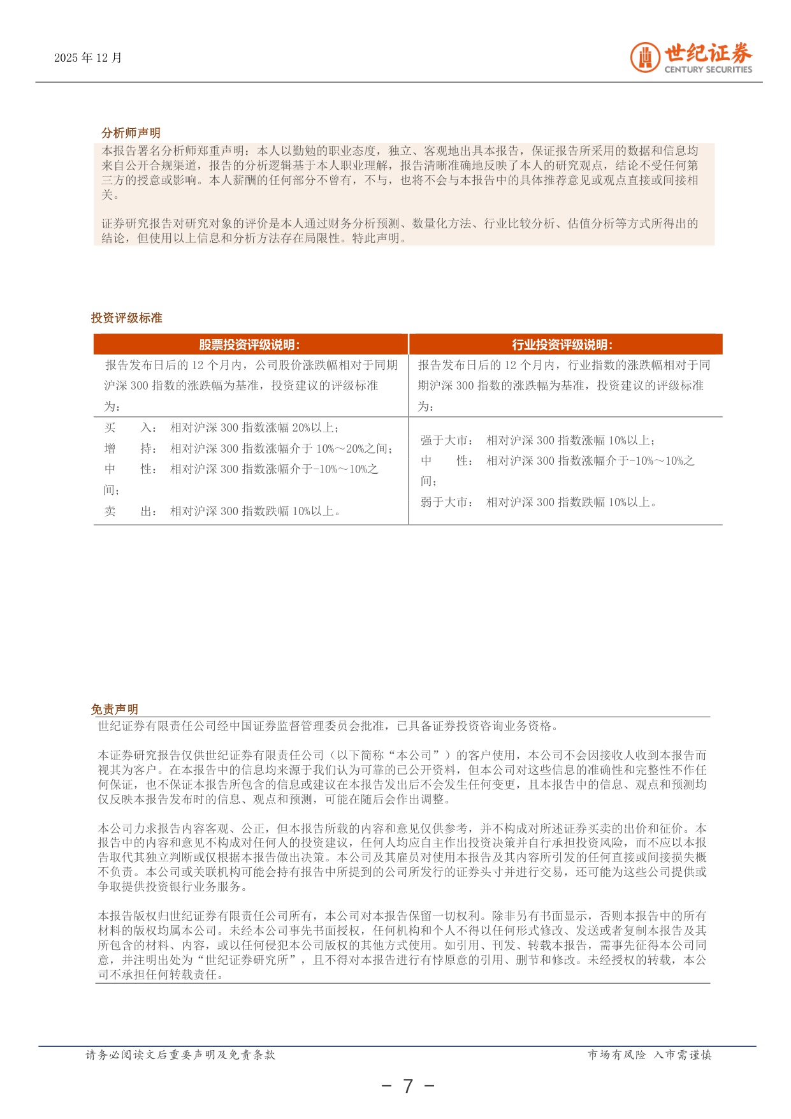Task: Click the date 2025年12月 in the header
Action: [88, 58]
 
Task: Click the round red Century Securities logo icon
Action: [645, 58]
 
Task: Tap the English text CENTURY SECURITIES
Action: [708, 69]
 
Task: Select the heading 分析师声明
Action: [131, 133]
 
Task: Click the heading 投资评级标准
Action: [127, 318]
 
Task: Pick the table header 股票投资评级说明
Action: [249, 345]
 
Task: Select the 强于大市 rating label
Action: [446, 440]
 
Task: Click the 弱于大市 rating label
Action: [446, 502]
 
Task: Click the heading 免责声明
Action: [115, 709]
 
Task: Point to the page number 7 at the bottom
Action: [408, 1086]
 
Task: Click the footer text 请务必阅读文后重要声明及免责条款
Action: [180, 1055]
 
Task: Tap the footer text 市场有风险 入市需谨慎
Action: [649, 1055]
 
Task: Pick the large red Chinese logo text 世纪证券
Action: [708, 54]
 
